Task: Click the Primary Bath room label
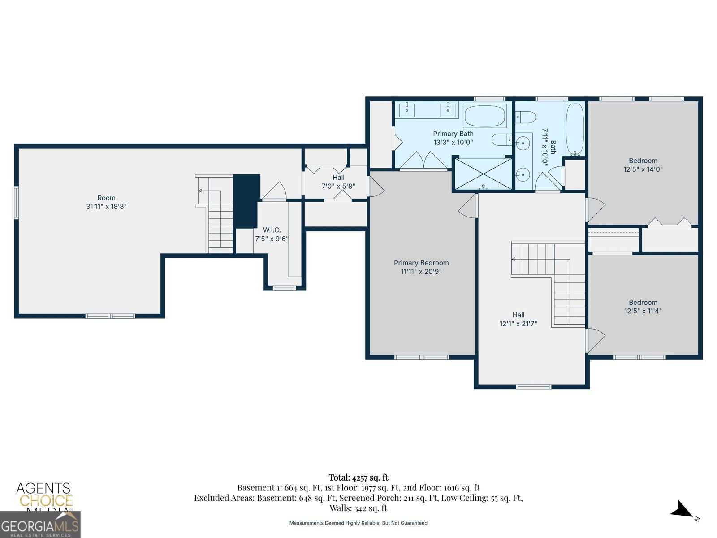453,134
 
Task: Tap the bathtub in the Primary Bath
485,116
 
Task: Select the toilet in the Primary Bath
502,140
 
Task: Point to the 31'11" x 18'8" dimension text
106,206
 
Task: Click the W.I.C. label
272,230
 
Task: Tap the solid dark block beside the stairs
246,201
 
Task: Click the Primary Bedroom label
421,263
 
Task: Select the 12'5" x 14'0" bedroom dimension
643,169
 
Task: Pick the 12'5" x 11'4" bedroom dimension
643,311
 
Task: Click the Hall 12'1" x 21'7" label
518,319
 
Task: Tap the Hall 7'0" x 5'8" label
338,182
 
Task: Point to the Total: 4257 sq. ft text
358,477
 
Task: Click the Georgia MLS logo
40,525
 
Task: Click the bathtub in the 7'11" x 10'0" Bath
574,129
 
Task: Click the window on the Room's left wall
16,202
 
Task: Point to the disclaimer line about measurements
358,523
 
